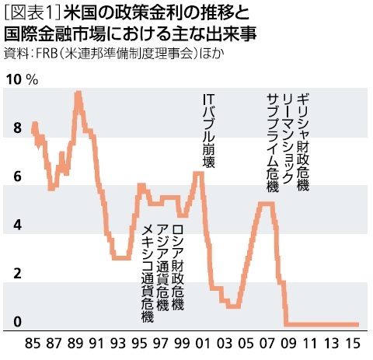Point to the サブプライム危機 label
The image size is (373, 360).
point(272,140)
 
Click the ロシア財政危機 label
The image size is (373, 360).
point(177,268)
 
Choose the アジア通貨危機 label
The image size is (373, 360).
point(162,268)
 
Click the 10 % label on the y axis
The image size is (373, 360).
point(21,81)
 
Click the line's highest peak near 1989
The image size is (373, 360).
point(78,94)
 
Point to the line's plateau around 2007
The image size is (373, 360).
point(265,204)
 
